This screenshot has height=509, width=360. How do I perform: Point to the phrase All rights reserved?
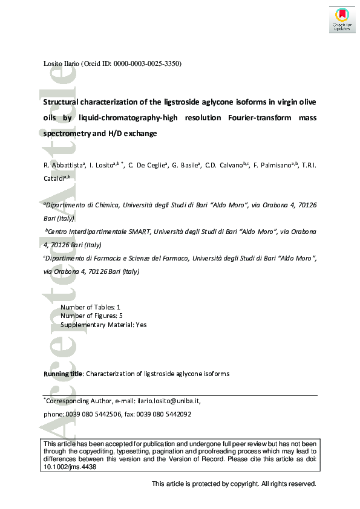pyautogui.click(x=289, y=484)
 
